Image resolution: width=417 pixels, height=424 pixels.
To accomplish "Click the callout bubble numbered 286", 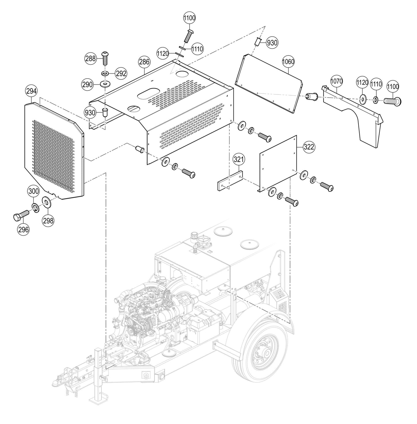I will point(144,62).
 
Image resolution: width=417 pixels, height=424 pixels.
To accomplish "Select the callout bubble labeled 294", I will point(31,91).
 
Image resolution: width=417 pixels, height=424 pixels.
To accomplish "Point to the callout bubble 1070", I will point(336,82).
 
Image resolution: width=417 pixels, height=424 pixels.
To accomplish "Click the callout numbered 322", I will point(309,147).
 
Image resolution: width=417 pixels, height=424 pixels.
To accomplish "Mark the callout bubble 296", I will point(23,229).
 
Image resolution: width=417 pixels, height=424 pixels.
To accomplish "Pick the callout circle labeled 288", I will point(90,59).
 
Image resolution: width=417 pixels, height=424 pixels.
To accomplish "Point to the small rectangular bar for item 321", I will point(230,181).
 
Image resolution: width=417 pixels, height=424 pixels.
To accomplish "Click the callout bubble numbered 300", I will point(33,191).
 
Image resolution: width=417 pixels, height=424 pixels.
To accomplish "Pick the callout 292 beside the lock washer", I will point(121,73).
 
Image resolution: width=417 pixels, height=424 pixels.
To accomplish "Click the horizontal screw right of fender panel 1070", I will point(392,101).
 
